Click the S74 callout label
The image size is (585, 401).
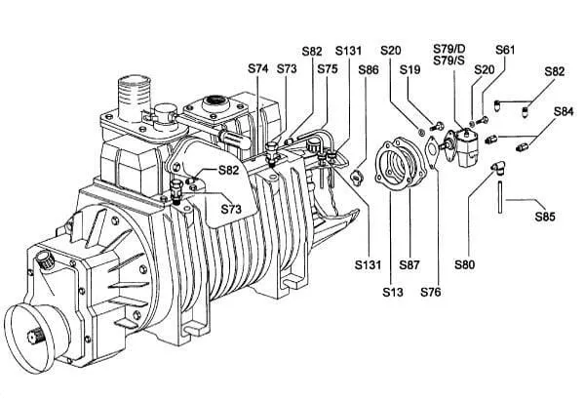257,68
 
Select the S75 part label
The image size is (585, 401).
328,68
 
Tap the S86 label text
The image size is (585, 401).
369,70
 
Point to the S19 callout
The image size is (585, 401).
410,69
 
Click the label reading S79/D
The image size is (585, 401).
449,49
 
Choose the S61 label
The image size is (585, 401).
505,50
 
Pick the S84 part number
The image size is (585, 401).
564,111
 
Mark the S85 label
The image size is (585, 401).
545,217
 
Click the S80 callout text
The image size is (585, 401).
464,264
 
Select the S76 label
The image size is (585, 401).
431,292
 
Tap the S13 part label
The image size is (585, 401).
393,292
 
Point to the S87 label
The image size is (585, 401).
409,264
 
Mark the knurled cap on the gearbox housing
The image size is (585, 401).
45,260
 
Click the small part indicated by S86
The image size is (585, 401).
357,178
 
